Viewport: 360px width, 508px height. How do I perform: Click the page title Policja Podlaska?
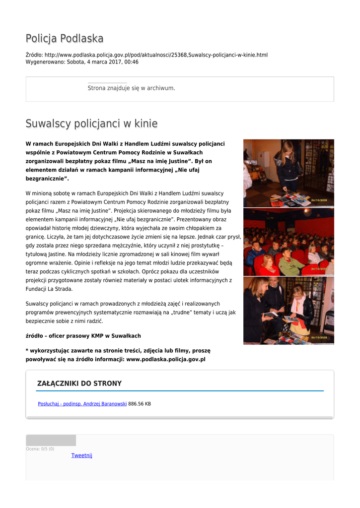[x=65, y=39]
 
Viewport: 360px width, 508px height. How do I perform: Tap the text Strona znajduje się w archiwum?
[x=131, y=88]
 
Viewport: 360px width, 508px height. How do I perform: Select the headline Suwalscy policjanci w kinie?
[x=91, y=124]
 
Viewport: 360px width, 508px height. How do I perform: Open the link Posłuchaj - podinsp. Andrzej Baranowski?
[x=82, y=404]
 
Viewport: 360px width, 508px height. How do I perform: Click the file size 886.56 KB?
[x=140, y=404]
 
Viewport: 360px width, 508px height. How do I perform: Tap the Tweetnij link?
[x=81, y=455]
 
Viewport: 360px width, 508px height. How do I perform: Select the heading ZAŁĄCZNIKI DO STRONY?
[x=79, y=383]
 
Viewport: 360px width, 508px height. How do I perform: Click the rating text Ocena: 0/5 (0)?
[x=40, y=449]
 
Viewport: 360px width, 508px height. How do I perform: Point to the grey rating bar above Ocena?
[x=51, y=440]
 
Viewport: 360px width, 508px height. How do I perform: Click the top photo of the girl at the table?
[x=288, y=173]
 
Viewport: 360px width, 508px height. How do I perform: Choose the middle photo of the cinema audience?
[x=288, y=242]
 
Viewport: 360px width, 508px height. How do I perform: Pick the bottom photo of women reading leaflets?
[x=288, y=311]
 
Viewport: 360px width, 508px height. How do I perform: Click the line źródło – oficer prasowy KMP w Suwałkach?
[x=83, y=336]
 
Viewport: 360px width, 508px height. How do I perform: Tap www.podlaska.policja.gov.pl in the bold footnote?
[x=166, y=359]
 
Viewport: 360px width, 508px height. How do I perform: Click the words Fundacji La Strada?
[x=49, y=289]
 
